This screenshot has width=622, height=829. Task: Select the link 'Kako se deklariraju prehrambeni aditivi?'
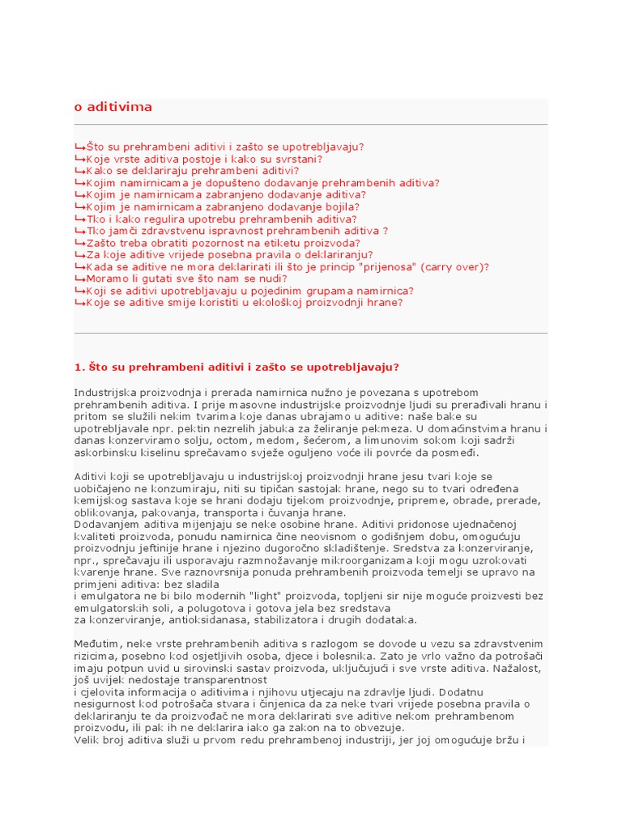tap(192, 171)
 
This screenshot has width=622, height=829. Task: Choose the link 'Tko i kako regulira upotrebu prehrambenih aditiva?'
tap(220, 219)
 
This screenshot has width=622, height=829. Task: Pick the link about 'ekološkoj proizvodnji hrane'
tap(243, 302)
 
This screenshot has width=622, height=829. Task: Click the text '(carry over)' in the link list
tap(457, 266)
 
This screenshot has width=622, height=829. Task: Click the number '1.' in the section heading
tap(79, 367)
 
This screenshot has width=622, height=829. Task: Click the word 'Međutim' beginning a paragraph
tap(96, 644)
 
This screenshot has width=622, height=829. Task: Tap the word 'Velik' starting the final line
tap(87, 740)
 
